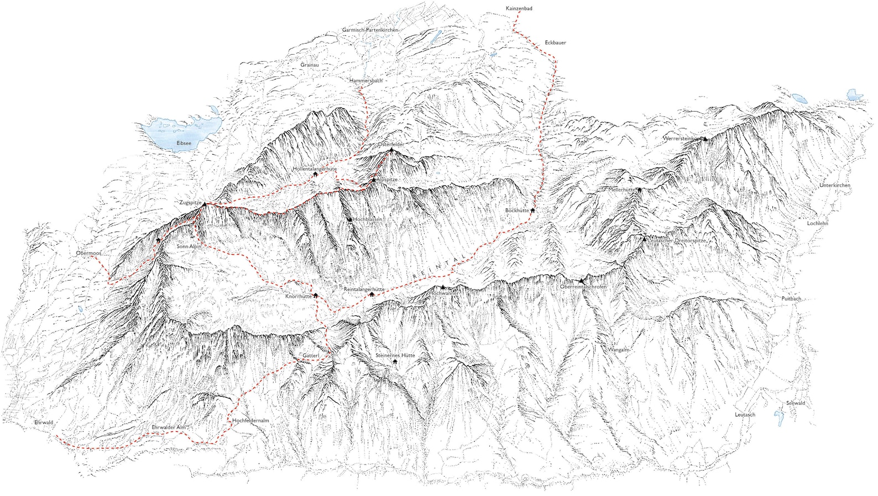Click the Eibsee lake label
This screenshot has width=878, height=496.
click(x=184, y=143)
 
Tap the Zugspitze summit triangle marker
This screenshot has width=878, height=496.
click(x=204, y=204)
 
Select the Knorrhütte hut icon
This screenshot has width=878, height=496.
click(x=316, y=296)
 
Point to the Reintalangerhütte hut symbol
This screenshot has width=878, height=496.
click(x=372, y=294)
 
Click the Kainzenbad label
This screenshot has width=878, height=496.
click(x=519, y=9)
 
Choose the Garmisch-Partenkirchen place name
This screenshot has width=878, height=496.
click(x=370, y=30)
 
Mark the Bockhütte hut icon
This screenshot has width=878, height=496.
click(x=532, y=210)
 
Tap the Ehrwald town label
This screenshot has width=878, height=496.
click(x=44, y=423)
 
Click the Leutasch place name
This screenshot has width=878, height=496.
click(x=745, y=415)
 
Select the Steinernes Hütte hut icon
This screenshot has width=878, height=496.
click(x=395, y=362)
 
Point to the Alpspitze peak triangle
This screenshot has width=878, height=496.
click(x=373, y=180)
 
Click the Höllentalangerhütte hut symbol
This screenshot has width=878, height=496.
click(x=315, y=175)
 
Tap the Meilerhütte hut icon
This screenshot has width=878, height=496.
click(x=639, y=189)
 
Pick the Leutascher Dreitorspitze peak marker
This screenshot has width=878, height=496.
click(x=644, y=239)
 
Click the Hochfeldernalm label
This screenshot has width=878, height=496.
click(x=250, y=421)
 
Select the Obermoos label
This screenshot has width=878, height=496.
click(x=88, y=254)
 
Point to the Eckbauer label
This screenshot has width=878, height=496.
click(x=555, y=43)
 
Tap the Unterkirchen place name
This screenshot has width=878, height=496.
click(x=834, y=186)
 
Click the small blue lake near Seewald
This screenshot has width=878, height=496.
click(x=780, y=417)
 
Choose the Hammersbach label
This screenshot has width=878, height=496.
click(x=365, y=81)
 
